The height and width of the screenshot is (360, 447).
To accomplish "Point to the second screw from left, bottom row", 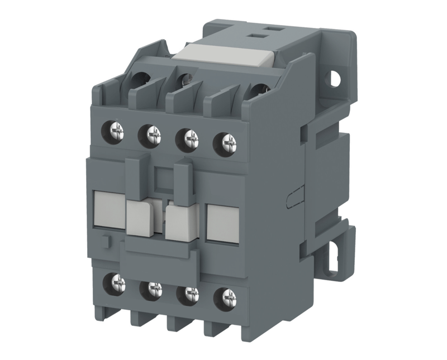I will tap(154, 289).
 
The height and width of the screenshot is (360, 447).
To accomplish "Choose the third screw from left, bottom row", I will tap(191, 292).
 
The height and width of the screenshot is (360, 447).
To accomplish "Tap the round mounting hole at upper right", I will tap(334, 79).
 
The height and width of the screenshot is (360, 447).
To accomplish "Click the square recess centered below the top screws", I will tap(166, 179).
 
